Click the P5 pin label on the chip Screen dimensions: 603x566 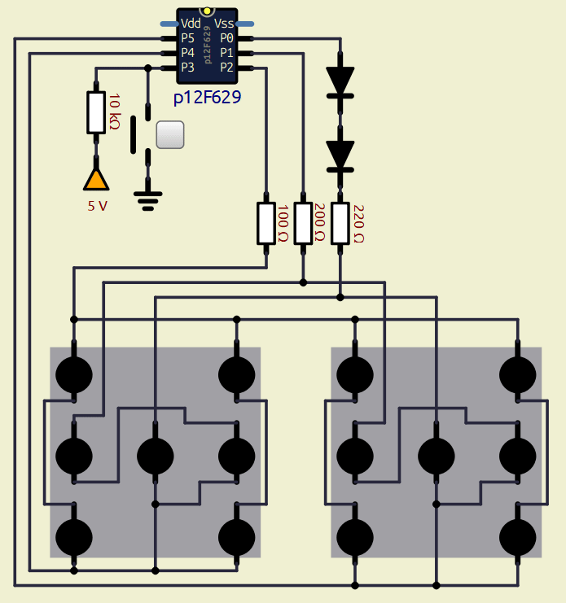coord(188,38)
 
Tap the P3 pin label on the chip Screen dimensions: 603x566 coord(188,67)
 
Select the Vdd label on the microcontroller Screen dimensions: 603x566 coord(191,24)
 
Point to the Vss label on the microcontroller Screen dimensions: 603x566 coord(224,24)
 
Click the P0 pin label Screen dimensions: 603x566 coord(226,38)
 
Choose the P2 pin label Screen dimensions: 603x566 coord(226,67)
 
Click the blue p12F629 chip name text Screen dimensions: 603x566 coord(207,98)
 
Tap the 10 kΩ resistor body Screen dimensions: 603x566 coord(96,112)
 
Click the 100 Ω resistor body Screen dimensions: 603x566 coord(266,223)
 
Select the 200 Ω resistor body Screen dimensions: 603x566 coord(303,223)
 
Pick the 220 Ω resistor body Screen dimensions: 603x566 coord(340,223)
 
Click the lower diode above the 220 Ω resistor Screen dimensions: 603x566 coord(340,155)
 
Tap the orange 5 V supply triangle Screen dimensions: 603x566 coord(96,178)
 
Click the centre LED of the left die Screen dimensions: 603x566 coord(156,456)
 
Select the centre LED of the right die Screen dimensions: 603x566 coord(437,456)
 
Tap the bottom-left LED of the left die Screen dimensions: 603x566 coord(74,537)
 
